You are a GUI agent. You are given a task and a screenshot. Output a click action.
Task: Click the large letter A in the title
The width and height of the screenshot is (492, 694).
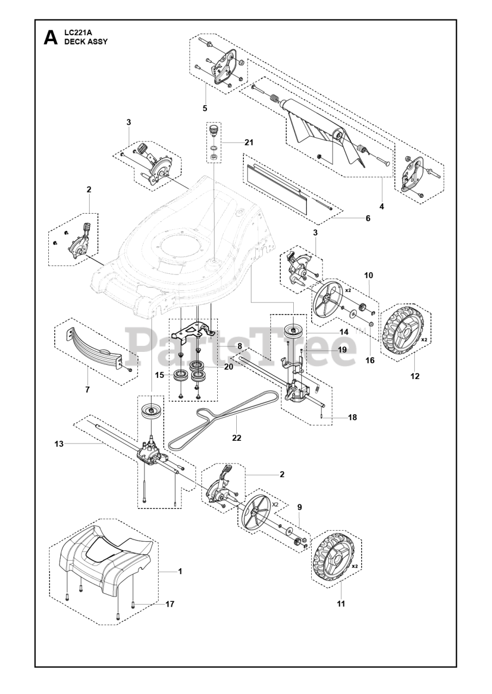50,37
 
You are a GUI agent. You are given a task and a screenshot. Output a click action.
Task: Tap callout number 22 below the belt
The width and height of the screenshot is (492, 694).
236,438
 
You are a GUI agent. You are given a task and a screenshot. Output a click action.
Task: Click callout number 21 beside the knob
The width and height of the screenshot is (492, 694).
249,143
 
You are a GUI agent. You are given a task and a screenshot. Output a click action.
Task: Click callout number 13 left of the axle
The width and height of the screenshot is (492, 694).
59,444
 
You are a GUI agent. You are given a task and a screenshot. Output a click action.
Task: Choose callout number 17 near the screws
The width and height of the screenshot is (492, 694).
170,603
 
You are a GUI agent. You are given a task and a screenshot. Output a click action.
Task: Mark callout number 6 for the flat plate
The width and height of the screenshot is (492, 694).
368,219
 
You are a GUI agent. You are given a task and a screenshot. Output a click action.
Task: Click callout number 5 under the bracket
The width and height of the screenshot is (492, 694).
205,108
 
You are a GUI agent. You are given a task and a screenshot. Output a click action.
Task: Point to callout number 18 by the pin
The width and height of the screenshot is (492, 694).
352,417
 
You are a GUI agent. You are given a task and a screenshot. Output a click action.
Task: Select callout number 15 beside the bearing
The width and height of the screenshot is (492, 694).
159,374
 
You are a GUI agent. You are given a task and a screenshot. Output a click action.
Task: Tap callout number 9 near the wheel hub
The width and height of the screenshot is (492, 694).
299,507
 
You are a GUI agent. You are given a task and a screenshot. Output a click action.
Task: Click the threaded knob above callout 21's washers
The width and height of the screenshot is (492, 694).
214,131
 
